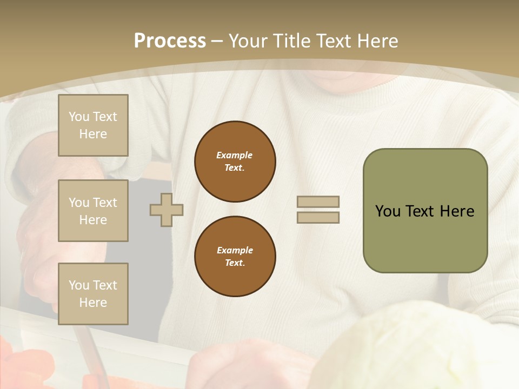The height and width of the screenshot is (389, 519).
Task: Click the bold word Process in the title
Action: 170,41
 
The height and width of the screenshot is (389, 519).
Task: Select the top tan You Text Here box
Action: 93,125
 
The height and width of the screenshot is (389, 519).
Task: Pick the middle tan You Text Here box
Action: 93,211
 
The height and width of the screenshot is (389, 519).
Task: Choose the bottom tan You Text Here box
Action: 93,294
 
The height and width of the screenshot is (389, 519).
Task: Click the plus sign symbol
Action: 167,210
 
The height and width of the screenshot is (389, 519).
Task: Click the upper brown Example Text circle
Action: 235,162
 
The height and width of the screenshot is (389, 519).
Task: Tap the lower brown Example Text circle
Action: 235,257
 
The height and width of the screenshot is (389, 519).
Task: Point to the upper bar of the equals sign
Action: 318,202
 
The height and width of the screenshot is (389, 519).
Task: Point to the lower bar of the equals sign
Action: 318,217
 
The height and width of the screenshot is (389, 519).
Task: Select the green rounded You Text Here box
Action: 425,211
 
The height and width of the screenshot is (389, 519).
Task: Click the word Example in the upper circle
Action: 235,155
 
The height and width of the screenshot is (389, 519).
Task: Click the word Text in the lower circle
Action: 235,263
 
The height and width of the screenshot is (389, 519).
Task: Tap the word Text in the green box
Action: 420,211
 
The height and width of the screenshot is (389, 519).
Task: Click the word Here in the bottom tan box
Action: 93,303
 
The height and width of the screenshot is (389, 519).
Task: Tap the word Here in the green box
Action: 457,211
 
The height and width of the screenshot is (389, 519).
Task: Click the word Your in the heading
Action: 248,41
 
